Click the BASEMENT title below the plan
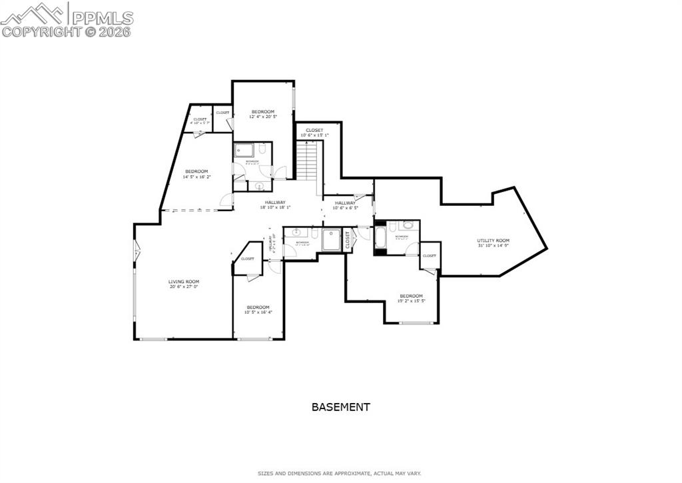[340, 406]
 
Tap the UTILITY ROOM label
[493, 243]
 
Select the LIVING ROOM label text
[183, 284]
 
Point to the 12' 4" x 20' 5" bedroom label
[262, 114]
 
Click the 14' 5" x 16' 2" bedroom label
[196, 174]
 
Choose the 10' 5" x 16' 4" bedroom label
[258, 310]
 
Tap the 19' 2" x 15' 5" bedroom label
[411, 298]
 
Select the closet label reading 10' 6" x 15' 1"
[314, 133]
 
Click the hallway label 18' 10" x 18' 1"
[275, 205]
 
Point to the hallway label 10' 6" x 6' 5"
[345, 205]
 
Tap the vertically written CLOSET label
[347, 240]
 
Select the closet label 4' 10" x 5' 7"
[200, 121]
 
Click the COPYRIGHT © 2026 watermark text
[67, 31]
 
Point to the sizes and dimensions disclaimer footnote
[340, 474]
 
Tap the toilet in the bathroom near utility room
[408, 227]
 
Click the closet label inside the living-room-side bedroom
[247, 258]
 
